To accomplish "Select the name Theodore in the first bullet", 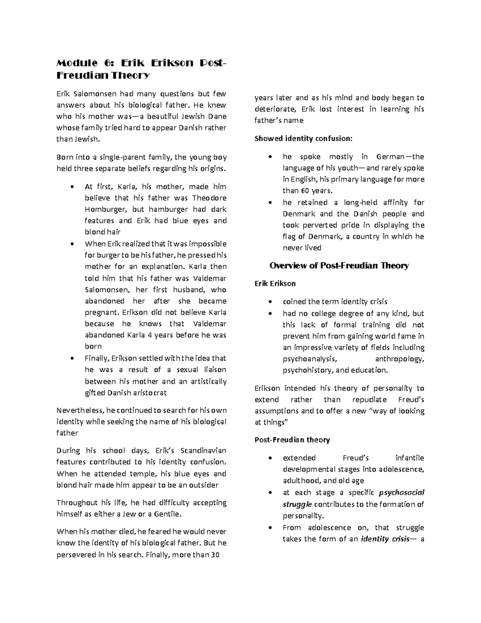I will click(x=209, y=198).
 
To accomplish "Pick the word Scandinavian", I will click(x=204, y=451).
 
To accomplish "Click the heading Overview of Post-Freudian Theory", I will click(x=339, y=266).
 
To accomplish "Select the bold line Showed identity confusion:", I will click(x=303, y=139).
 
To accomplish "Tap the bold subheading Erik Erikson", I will click(x=275, y=284).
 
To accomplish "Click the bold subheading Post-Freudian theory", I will click(x=292, y=440).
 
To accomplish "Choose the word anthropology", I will click(x=399, y=359).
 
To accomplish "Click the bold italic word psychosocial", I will click(x=402, y=493).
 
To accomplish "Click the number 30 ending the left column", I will click(x=215, y=555).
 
